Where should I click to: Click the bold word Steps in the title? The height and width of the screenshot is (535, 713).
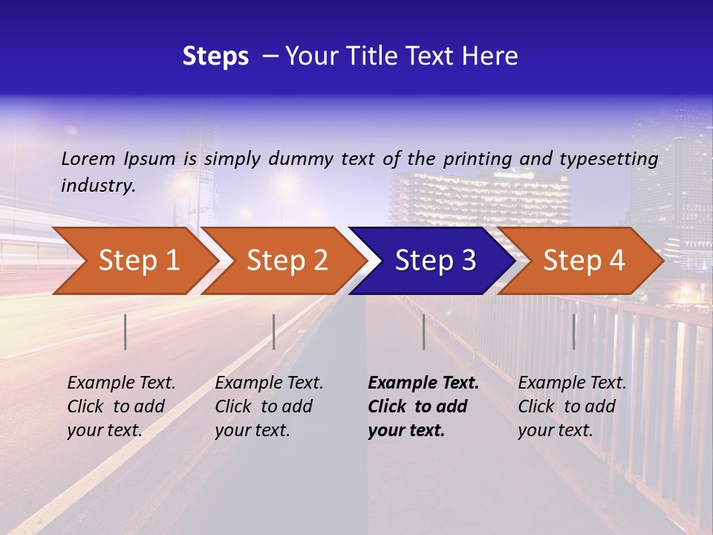(x=215, y=56)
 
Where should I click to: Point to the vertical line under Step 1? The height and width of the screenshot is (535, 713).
(x=126, y=331)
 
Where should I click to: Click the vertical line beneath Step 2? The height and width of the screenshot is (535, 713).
(x=274, y=331)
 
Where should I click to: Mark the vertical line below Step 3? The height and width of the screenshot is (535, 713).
(x=423, y=331)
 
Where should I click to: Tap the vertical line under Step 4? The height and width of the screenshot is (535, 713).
(x=573, y=331)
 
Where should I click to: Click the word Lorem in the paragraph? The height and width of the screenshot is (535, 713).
(x=88, y=158)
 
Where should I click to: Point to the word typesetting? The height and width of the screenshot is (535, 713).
(x=608, y=159)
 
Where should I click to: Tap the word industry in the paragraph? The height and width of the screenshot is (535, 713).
(x=97, y=186)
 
